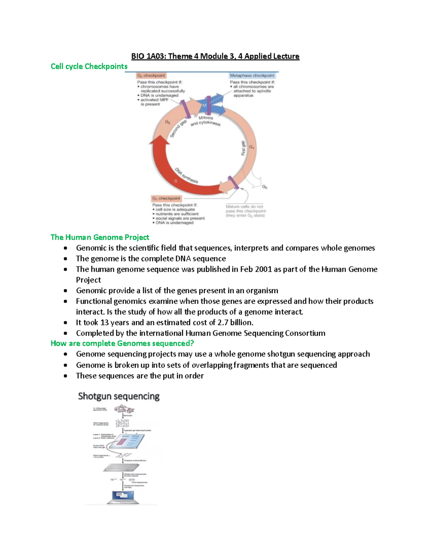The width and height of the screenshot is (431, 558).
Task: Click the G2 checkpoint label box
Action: coord(151,75)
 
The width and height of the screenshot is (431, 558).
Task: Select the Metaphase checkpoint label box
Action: coord(252,75)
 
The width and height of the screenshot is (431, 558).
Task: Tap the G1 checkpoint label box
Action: coord(166,198)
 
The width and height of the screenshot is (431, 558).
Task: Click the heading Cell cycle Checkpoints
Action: coord(89,66)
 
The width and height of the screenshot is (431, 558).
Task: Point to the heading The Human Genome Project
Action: coord(100,237)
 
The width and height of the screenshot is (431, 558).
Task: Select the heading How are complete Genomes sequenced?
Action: coord(122,343)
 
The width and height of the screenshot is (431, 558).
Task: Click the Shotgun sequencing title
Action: coord(119,396)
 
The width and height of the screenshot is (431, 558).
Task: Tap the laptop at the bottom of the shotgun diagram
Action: coord(123,497)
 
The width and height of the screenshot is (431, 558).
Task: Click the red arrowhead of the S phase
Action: coord(159,141)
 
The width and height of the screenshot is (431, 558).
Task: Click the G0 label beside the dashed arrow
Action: coord(264,187)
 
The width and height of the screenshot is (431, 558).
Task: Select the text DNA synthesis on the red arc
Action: coord(186,175)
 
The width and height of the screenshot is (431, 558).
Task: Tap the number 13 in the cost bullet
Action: coord(105,323)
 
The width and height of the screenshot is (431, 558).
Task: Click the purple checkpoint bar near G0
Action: coord(233,183)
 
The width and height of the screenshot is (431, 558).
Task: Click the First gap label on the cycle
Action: coord(243,148)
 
